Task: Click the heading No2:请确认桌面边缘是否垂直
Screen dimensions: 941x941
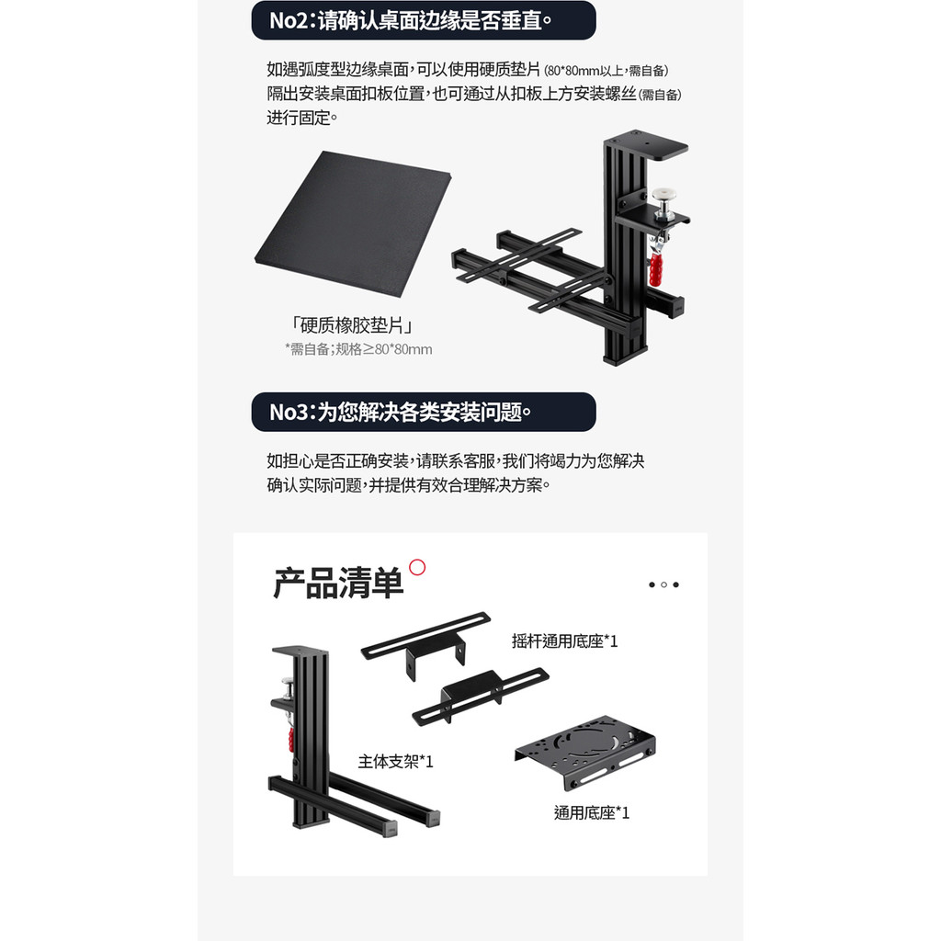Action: click(411, 20)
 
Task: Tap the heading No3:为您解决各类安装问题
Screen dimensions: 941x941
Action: click(401, 413)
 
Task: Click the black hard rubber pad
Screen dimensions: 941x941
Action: click(353, 223)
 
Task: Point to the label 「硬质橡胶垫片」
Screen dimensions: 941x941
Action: click(352, 325)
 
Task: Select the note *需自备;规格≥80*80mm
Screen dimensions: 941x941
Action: click(358, 349)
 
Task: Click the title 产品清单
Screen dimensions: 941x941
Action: click(338, 583)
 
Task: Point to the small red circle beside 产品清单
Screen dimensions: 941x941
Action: click(417, 567)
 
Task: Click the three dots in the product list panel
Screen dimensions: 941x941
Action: click(663, 584)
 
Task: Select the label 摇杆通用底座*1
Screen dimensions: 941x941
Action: click(565, 641)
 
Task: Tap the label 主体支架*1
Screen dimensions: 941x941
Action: click(395, 762)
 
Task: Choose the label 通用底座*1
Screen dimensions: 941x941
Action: click(592, 812)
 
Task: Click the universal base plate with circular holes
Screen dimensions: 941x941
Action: click(585, 752)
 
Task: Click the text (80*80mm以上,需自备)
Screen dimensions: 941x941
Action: click(607, 71)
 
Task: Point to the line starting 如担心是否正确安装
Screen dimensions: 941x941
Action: click(456, 461)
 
